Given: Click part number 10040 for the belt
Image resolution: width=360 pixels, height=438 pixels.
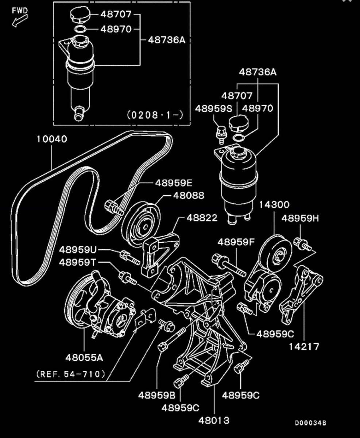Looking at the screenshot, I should click(x=52, y=139).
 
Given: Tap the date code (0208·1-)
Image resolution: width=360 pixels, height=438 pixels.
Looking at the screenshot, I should click(x=155, y=115).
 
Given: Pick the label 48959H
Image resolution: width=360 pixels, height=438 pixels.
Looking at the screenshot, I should click(x=300, y=218).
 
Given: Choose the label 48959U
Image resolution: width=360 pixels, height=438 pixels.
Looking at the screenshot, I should click(x=78, y=250).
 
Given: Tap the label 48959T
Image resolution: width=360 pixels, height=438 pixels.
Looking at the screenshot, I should click(x=78, y=262).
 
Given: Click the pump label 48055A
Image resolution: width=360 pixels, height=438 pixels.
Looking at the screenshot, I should click(x=84, y=357).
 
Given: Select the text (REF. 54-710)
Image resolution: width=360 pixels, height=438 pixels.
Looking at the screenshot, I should click(x=71, y=374).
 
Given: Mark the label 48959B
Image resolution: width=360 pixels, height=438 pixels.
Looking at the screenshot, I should click(x=157, y=395).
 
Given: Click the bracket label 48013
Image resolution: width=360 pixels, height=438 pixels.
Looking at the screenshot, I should click(x=214, y=420).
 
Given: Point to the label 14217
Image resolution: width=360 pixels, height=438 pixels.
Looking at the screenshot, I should click(x=304, y=346).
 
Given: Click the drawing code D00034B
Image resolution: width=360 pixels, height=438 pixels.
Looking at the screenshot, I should click(x=310, y=423).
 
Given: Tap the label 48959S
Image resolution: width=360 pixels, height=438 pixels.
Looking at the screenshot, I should click(x=214, y=108).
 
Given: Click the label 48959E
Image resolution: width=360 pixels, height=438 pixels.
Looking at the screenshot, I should click(x=174, y=182).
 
